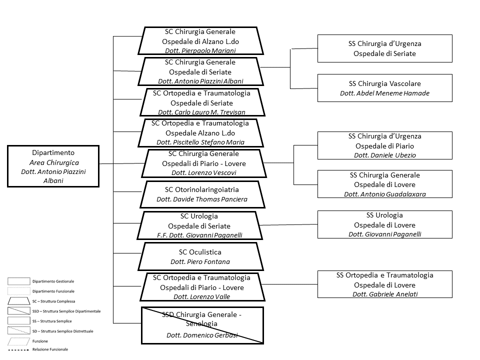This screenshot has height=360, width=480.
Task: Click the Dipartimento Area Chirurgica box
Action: tap(54, 166)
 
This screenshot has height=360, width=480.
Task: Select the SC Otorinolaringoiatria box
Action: tap(201, 194)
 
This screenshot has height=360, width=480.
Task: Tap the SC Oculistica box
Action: tap(200, 256)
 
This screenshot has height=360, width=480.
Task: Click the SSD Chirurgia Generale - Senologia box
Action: tap(202, 325)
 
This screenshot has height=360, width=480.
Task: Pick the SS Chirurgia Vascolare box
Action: tap(384, 88)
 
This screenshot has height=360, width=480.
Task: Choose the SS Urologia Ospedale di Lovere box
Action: tap(384, 224)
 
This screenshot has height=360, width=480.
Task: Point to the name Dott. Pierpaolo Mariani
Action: tap(200, 50)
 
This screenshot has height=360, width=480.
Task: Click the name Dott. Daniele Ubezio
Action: tap(384, 155)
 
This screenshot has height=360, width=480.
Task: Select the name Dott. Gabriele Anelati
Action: tap(384, 294)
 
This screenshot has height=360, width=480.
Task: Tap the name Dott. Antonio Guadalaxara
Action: tap(384, 194)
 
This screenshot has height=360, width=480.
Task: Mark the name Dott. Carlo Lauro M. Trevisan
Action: tap(201, 112)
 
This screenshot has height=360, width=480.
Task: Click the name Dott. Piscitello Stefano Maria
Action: tap(200, 142)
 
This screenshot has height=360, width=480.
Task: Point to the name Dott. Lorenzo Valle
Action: tap(201, 296)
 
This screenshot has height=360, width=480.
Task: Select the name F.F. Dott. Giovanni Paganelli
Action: tap(200, 235)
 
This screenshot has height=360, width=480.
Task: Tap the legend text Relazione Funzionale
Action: tap(50, 349)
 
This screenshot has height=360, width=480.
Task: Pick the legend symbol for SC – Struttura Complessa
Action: tap(18, 301)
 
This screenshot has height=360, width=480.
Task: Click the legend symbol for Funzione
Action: tap(18, 341)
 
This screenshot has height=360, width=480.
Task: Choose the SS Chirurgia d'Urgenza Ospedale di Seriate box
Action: tap(384, 48)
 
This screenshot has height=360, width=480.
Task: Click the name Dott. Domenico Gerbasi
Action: tap(202, 335)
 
